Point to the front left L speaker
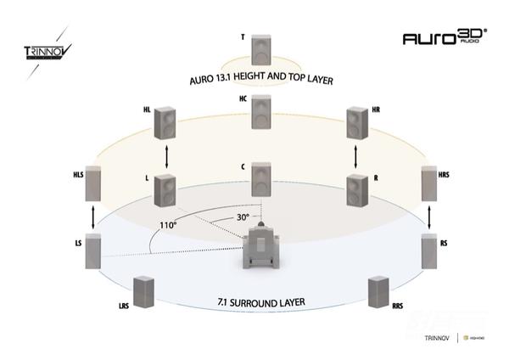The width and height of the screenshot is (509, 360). (165, 189)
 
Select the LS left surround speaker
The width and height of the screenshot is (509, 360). (93, 254)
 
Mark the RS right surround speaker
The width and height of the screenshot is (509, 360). (432, 254)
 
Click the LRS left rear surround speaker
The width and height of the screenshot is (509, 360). (144, 293)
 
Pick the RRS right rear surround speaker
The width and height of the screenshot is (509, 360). (378, 293)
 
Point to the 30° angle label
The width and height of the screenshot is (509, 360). (243, 217)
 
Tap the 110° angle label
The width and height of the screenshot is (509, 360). (166, 226)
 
